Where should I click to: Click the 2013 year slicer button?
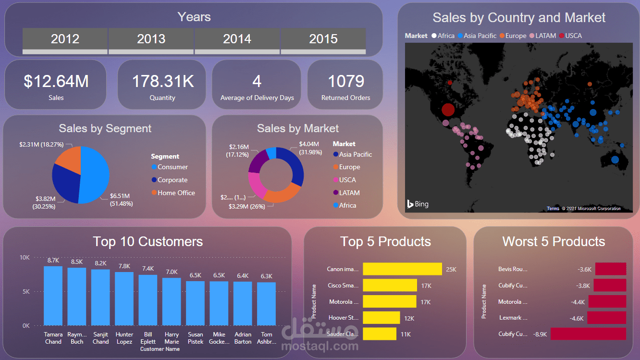tap(151, 39)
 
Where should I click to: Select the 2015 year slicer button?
tap(323, 39)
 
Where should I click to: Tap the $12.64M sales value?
tap(56, 81)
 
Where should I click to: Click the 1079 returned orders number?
tap(345, 81)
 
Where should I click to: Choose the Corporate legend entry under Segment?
tap(172, 180)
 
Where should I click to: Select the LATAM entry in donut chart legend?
tap(349, 193)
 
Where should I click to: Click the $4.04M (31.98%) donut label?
tap(310, 148)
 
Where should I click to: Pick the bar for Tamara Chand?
tap(53, 296)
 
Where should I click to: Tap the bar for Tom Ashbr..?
tap(266, 304)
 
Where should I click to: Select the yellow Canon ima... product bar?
tap(402, 269)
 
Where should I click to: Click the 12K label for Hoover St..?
tap(409, 318)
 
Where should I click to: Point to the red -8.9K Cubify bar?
tap(588, 334)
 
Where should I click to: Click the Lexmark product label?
tap(514, 318)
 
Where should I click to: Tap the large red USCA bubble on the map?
tap(448, 110)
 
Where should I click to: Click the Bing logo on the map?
tap(418, 204)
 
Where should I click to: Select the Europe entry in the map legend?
tap(516, 36)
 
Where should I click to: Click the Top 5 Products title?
tap(385, 241)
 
